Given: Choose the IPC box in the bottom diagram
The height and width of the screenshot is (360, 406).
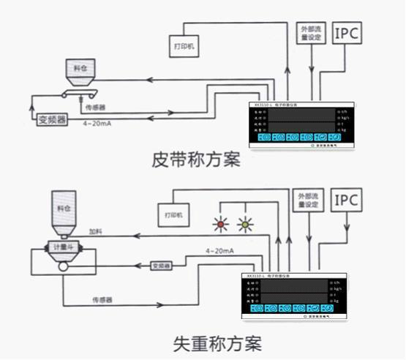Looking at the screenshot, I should click(347, 199).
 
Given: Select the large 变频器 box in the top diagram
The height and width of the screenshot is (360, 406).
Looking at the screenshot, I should click(52, 118).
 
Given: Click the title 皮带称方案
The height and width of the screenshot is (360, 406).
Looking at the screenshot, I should click(195, 160).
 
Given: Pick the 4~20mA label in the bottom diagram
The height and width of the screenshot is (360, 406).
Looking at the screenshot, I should click(220, 251).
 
